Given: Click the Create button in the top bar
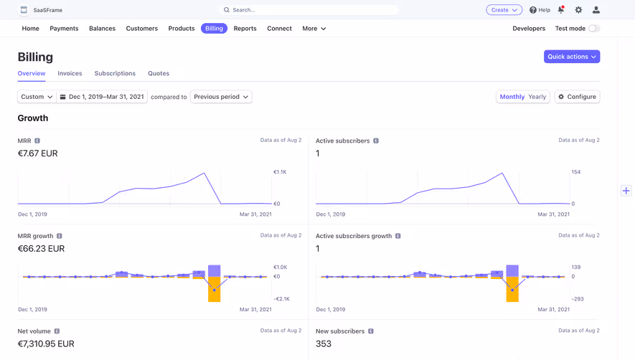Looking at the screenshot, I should click(504, 10).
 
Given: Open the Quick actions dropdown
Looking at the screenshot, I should click(571, 57).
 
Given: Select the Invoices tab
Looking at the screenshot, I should click(70, 73).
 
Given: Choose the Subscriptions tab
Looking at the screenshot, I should click(115, 73).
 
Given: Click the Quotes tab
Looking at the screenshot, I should click(159, 73).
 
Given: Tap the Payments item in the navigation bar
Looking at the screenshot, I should click(64, 29).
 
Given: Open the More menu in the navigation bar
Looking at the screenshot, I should click(314, 29).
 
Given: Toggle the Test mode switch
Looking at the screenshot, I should click(593, 29).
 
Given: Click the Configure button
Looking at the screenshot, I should click(578, 97).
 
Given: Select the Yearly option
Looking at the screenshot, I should click(537, 97).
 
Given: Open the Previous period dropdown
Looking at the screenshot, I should click(221, 97).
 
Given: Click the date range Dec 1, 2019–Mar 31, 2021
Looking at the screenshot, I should click(102, 97).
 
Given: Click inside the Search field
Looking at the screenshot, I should click(309, 10).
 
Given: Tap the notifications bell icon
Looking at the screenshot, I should click(561, 10).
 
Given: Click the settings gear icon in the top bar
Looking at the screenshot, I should click(578, 10).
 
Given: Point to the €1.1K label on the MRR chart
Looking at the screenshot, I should click(280, 172).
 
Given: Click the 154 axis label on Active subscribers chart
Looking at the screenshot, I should click(575, 172).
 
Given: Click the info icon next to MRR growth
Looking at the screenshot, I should click(60, 236).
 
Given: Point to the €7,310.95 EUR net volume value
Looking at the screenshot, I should click(46, 344).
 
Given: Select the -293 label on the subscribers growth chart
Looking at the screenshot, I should click(578, 299).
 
